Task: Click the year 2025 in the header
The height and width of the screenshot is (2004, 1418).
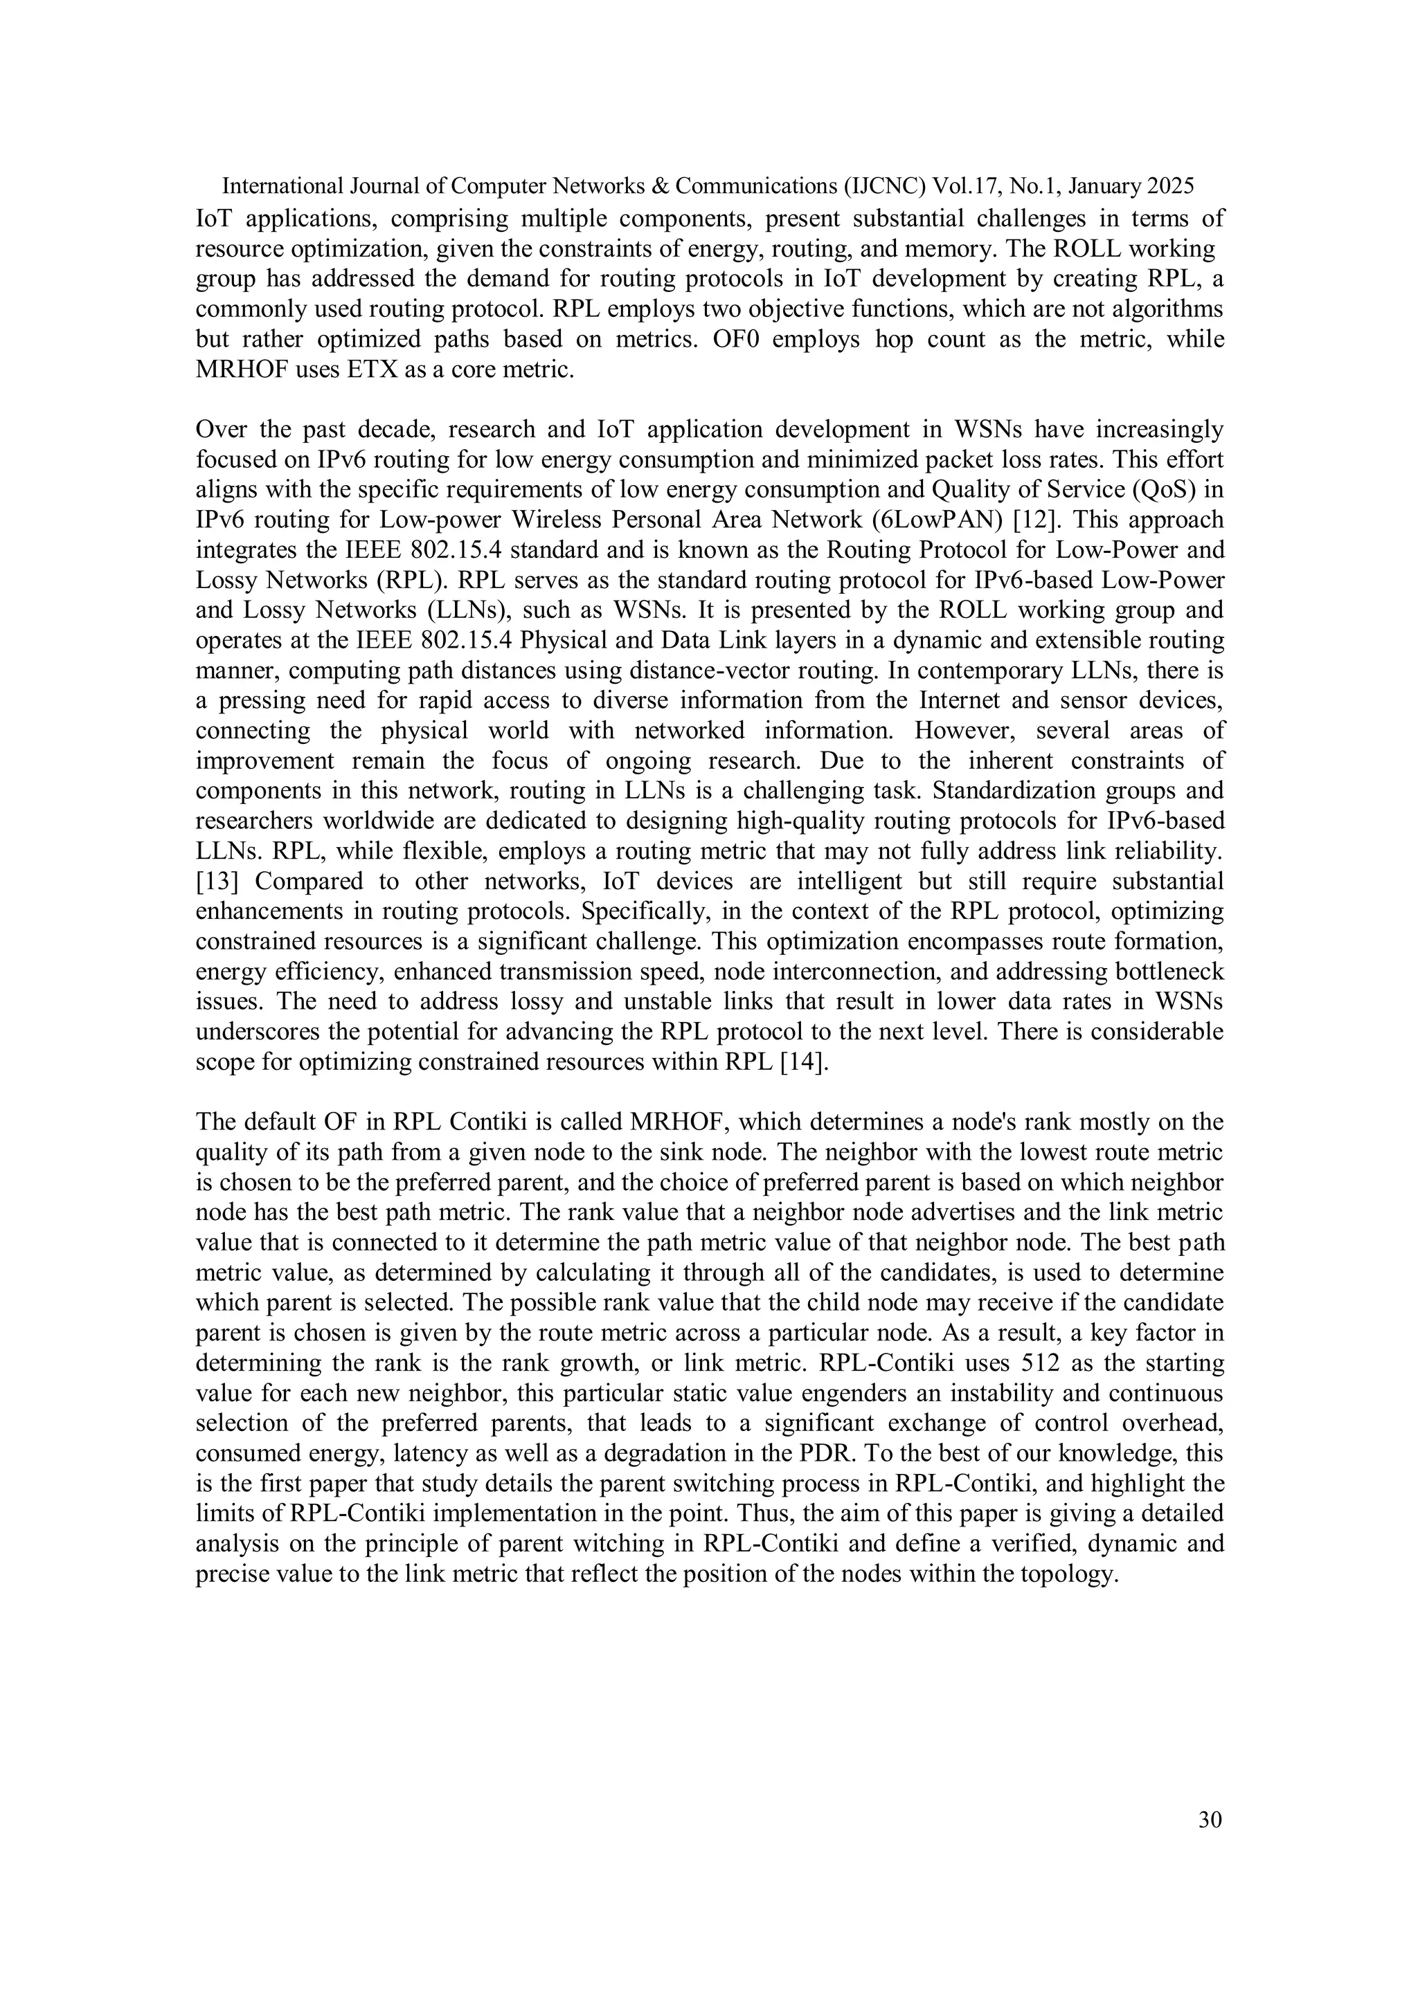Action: (1171, 186)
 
